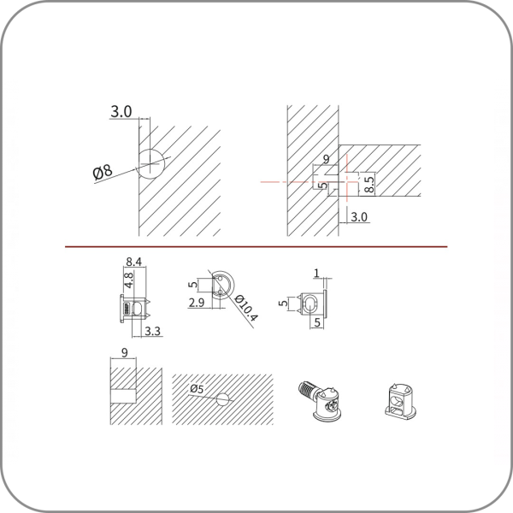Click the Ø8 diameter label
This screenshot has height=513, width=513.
(x=103, y=172)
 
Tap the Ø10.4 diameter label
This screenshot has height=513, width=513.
(x=246, y=308)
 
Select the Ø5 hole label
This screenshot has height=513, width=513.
(x=197, y=389)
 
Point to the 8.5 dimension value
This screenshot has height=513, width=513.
(x=369, y=185)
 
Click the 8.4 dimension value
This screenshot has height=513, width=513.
(x=134, y=262)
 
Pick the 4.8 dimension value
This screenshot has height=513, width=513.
(x=129, y=280)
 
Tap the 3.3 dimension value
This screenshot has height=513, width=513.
(x=153, y=331)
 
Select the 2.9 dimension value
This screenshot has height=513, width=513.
(x=197, y=303)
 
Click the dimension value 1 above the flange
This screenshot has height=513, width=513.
(x=316, y=273)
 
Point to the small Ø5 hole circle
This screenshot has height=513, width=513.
(x=222, y=399)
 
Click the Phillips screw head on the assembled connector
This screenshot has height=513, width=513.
(x=330, y=405)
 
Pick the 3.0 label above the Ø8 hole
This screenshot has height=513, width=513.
(x=121, y=111)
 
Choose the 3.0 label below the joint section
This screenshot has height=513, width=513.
(x=359, y=217)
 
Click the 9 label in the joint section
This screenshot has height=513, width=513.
(x=327, y=159)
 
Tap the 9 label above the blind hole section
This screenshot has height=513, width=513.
(x=124, y=352)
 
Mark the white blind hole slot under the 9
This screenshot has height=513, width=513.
(x=123, y=396)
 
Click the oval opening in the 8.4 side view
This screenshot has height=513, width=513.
(x=139, y=309)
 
